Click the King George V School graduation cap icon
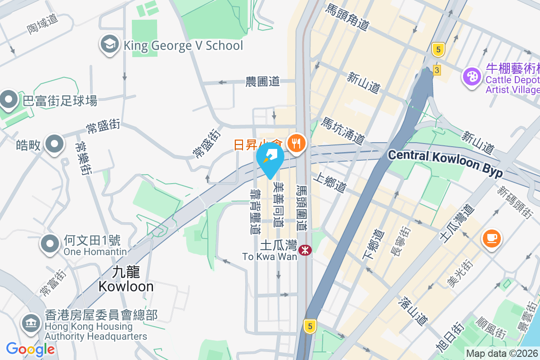click(x=109, y=45)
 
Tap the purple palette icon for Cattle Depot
click(x=472, y=76)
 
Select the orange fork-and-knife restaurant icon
click(x=296, y=144)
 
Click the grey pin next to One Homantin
click(x=50, y=243)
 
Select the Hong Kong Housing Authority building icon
click(x=31, y=323)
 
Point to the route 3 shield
click(x=436, y=70)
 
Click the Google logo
click(x=30, y=349)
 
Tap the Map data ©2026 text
click(x=502, y=353)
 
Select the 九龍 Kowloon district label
click(x=126, y=279)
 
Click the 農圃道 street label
click(x=262, y=81)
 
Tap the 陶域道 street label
click(x=42, y=24)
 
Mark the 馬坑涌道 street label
click(x=342, y=131)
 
